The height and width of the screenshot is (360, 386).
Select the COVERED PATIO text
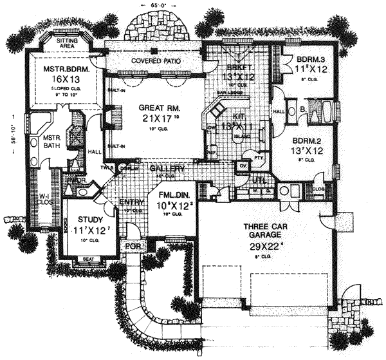point(155,61)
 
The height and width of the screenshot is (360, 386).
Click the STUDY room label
point(84,218)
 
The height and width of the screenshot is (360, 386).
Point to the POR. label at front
point(133,246)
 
